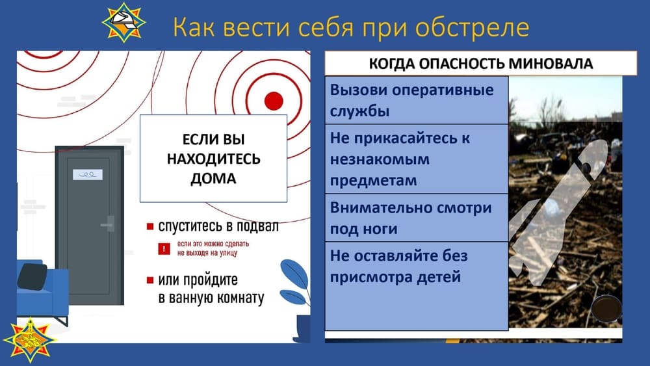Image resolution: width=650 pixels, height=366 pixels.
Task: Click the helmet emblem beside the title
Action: [x=123, y=22]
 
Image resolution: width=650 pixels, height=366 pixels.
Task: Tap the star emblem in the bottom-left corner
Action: [x=29, y=339]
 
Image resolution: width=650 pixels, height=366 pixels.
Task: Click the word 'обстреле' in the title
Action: [x=472, y=27]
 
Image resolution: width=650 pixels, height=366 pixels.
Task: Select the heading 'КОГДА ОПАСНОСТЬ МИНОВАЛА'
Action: [x=481, y=64]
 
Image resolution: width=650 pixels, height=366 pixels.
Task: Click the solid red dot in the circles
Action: [x=274, y=101]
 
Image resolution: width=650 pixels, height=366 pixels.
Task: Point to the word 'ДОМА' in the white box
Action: [x=213, y=179]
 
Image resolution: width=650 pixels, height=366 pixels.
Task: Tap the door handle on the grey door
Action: [x=108, y=224]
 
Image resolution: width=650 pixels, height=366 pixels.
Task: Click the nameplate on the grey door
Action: [x=88, y=174]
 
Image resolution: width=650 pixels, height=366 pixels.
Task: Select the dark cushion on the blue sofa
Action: [x=32, y=276]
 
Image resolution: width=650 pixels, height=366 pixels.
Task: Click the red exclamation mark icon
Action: [x=164, y=248]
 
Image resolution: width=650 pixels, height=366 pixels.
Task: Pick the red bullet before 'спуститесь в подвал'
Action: [x=150, y=226]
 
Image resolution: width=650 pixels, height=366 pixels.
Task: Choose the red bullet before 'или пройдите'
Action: [x=150, y=280]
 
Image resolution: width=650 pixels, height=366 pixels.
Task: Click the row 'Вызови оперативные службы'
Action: [x=416, y=100]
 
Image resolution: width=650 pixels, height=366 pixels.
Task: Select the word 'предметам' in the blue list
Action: [x=373, y=181]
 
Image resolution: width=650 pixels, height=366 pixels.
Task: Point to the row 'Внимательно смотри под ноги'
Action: [x=416, y=218]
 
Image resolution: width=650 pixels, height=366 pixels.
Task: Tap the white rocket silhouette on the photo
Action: [x=558, y=212]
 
